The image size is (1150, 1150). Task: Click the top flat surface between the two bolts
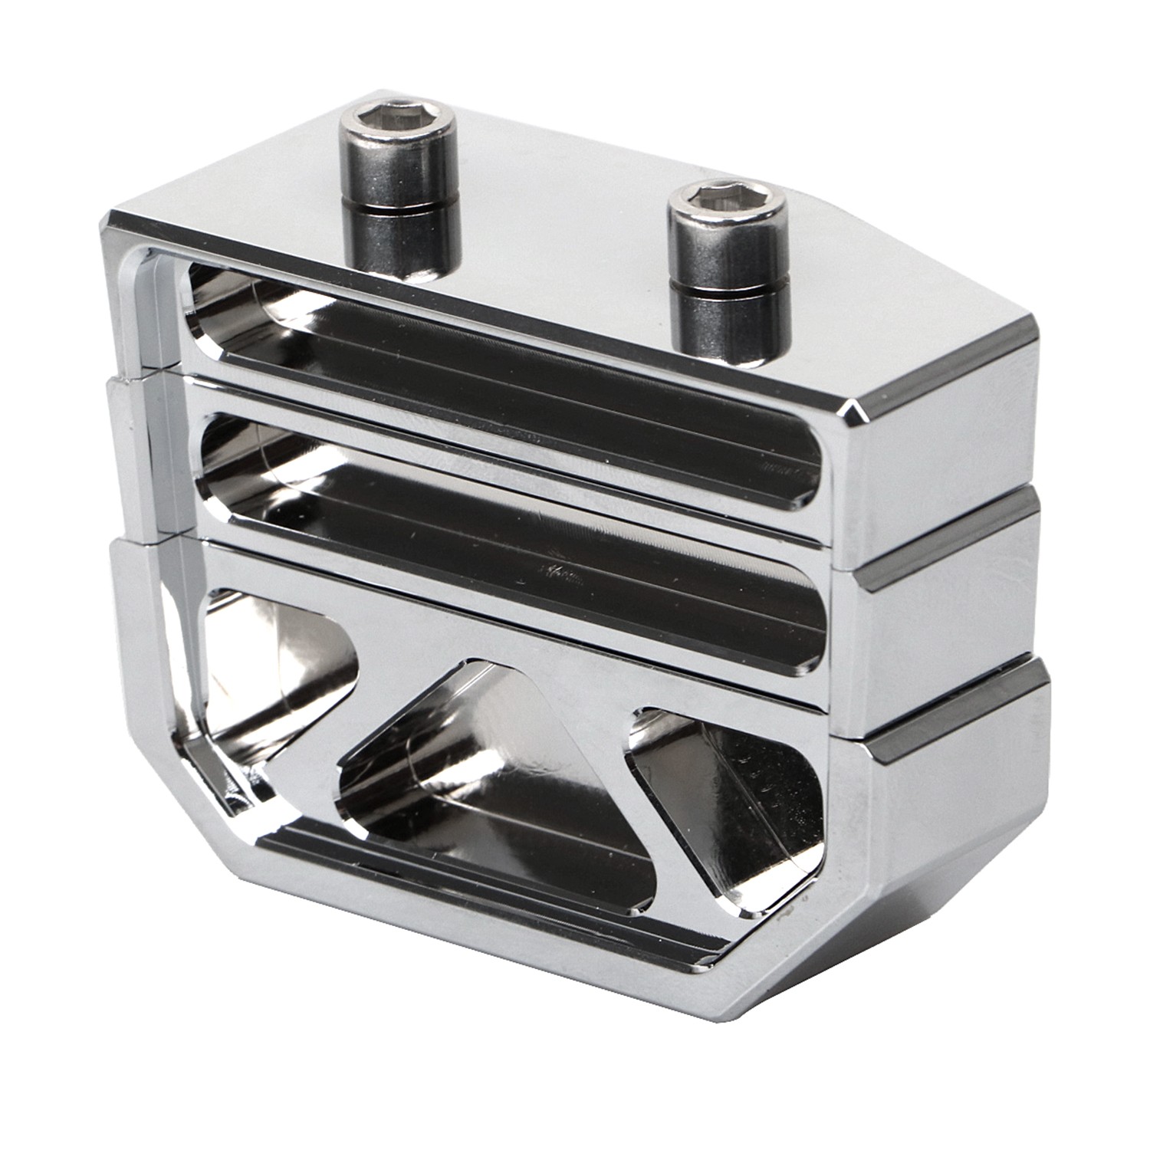click(x=552, y=230)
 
